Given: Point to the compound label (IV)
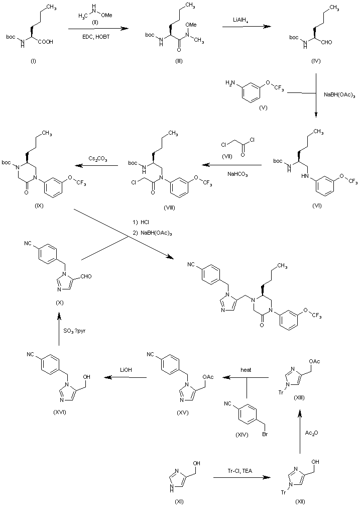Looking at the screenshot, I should click(x=316, y=61).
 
